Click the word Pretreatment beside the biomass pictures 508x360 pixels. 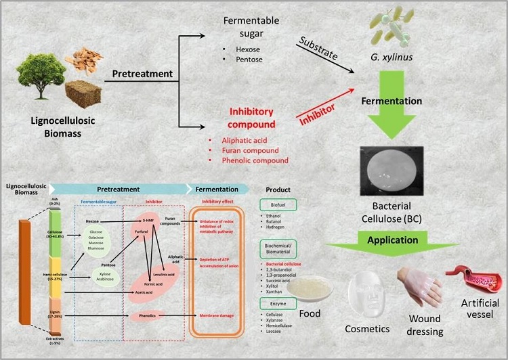(x=141, y=73)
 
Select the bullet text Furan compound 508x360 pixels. (x=245, y=150)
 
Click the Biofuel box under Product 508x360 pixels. (x=279, y=202)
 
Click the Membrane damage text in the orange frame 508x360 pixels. (x=219, y=315)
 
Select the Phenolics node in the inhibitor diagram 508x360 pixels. (x=150, y=315)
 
